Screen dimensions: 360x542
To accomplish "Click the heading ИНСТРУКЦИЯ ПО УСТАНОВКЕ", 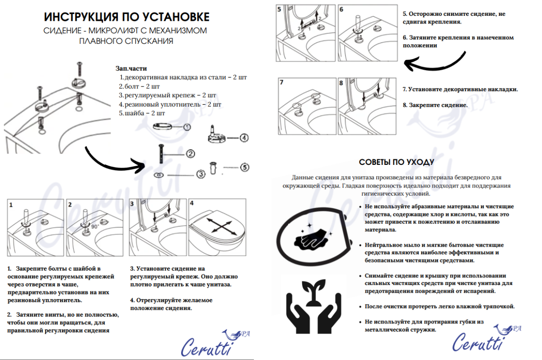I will click(x=126, y=17).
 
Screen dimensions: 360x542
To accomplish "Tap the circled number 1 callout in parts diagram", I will click(x=187, y=128).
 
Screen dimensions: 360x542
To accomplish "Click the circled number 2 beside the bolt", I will click(x=190, y=154).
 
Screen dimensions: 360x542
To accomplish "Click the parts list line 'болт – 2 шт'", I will click(x=140, y=86).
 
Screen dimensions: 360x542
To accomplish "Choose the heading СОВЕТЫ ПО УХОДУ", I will click(x=396, y=162).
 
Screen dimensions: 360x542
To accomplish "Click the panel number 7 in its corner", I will click(x=281, y=83).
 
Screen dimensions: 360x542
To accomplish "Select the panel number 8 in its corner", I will click(x=341, y=83).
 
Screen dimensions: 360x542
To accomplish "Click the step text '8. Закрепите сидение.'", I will click(x=435, y=105).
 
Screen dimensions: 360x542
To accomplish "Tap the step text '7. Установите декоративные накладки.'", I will click(x=460, y=89).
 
